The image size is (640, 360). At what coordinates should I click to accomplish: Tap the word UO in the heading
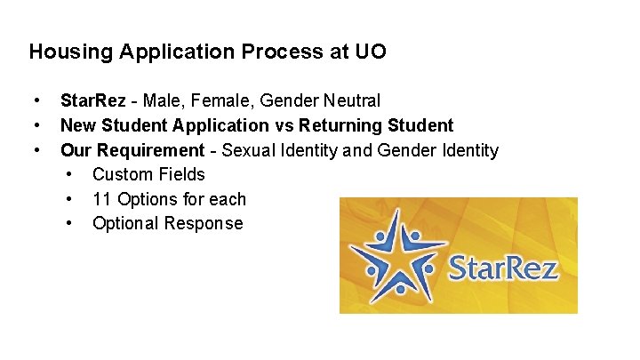pyautogui.click(x=372, y=52)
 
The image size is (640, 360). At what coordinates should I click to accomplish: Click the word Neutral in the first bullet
pyautogui.click(x=350, y=101)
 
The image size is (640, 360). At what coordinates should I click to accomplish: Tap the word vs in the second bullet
pyautogui.click(x=286, y=125)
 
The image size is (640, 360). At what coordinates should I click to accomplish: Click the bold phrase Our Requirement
pyautogui.click(x=132, y=150)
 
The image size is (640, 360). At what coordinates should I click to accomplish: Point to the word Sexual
pyautogui.click(x=252, y=150)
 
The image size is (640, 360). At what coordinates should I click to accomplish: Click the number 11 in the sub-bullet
pyautogui.click(x=101, y=199)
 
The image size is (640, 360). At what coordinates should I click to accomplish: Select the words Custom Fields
pyautogui.click(x=148, y=174)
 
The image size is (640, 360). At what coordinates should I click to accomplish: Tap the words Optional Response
pyautogui.click(x=167, y=223)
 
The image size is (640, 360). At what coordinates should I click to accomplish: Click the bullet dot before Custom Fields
pyautogui.click(x=69, y=174)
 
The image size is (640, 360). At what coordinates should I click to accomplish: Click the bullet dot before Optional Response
pyautogui.click(x=69, y=223)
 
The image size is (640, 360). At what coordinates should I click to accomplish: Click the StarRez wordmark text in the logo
pyautogui.click(x=503, y=267)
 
